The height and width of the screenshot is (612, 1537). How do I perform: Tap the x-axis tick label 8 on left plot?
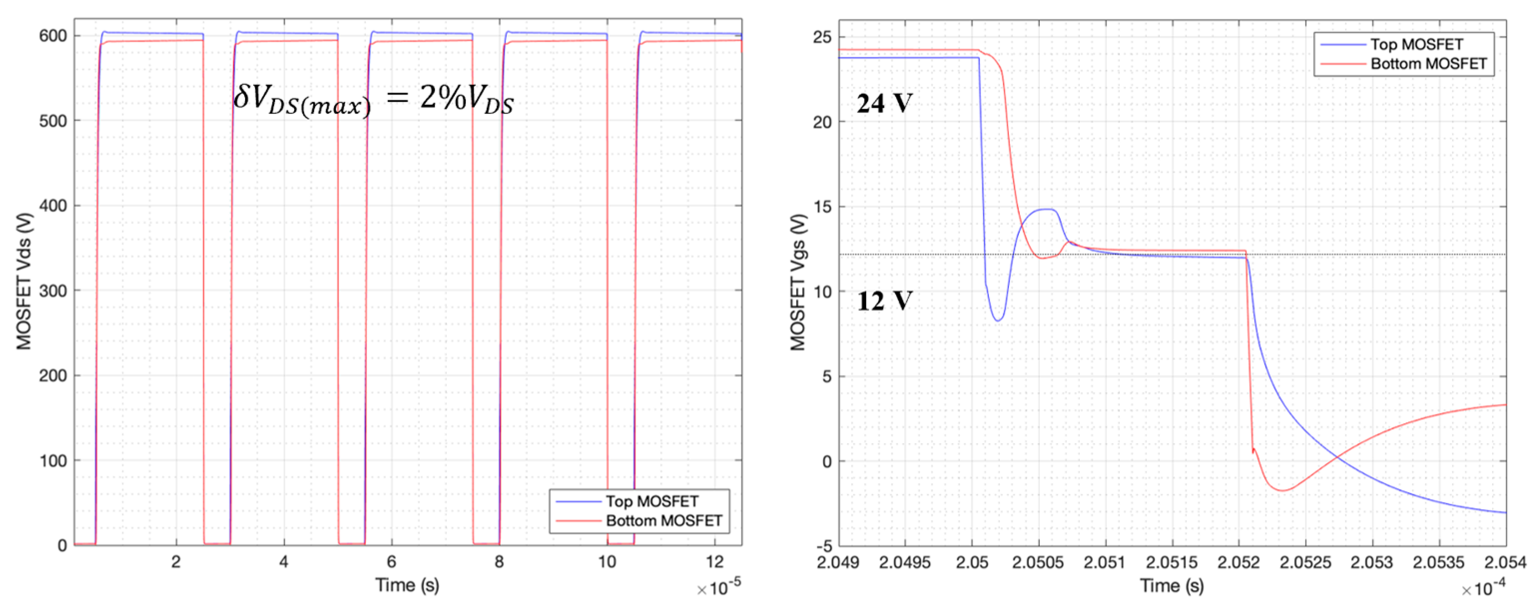click(499, 562)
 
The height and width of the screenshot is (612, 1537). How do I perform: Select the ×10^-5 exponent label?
click(719, 589)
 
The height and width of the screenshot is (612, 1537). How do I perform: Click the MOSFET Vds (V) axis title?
click(24, 281)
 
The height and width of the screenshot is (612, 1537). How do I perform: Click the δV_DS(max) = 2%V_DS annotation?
click(373, 100)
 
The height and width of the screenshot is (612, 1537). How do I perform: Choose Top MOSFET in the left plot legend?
click(651, 501)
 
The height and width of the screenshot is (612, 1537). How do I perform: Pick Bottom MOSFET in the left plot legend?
click(663, 521)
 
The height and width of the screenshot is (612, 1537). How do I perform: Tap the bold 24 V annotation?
click(884, 104)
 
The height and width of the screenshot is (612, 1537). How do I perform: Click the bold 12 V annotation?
click(884, 301)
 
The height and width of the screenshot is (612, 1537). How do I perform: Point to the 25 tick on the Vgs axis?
click(822, 37)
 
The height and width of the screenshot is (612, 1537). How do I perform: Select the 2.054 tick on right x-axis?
click(1506, 563)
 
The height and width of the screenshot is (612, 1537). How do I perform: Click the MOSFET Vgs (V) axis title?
click(798, 282)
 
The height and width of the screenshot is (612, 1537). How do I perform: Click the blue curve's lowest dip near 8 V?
click(997, 320)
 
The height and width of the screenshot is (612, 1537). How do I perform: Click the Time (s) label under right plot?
click(1171, 586)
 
